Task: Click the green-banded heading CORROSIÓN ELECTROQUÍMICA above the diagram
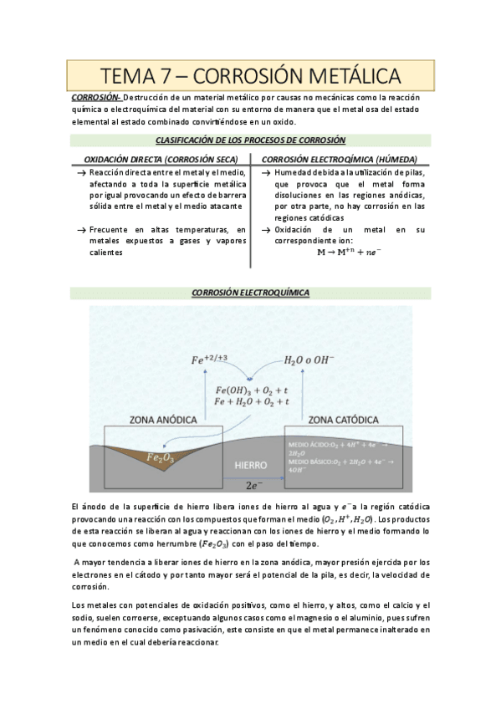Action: pos(250,293)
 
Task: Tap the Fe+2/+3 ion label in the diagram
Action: pos(211,360)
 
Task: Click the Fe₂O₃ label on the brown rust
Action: pos(160,457)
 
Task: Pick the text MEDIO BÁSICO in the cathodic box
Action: pos(310,461)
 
